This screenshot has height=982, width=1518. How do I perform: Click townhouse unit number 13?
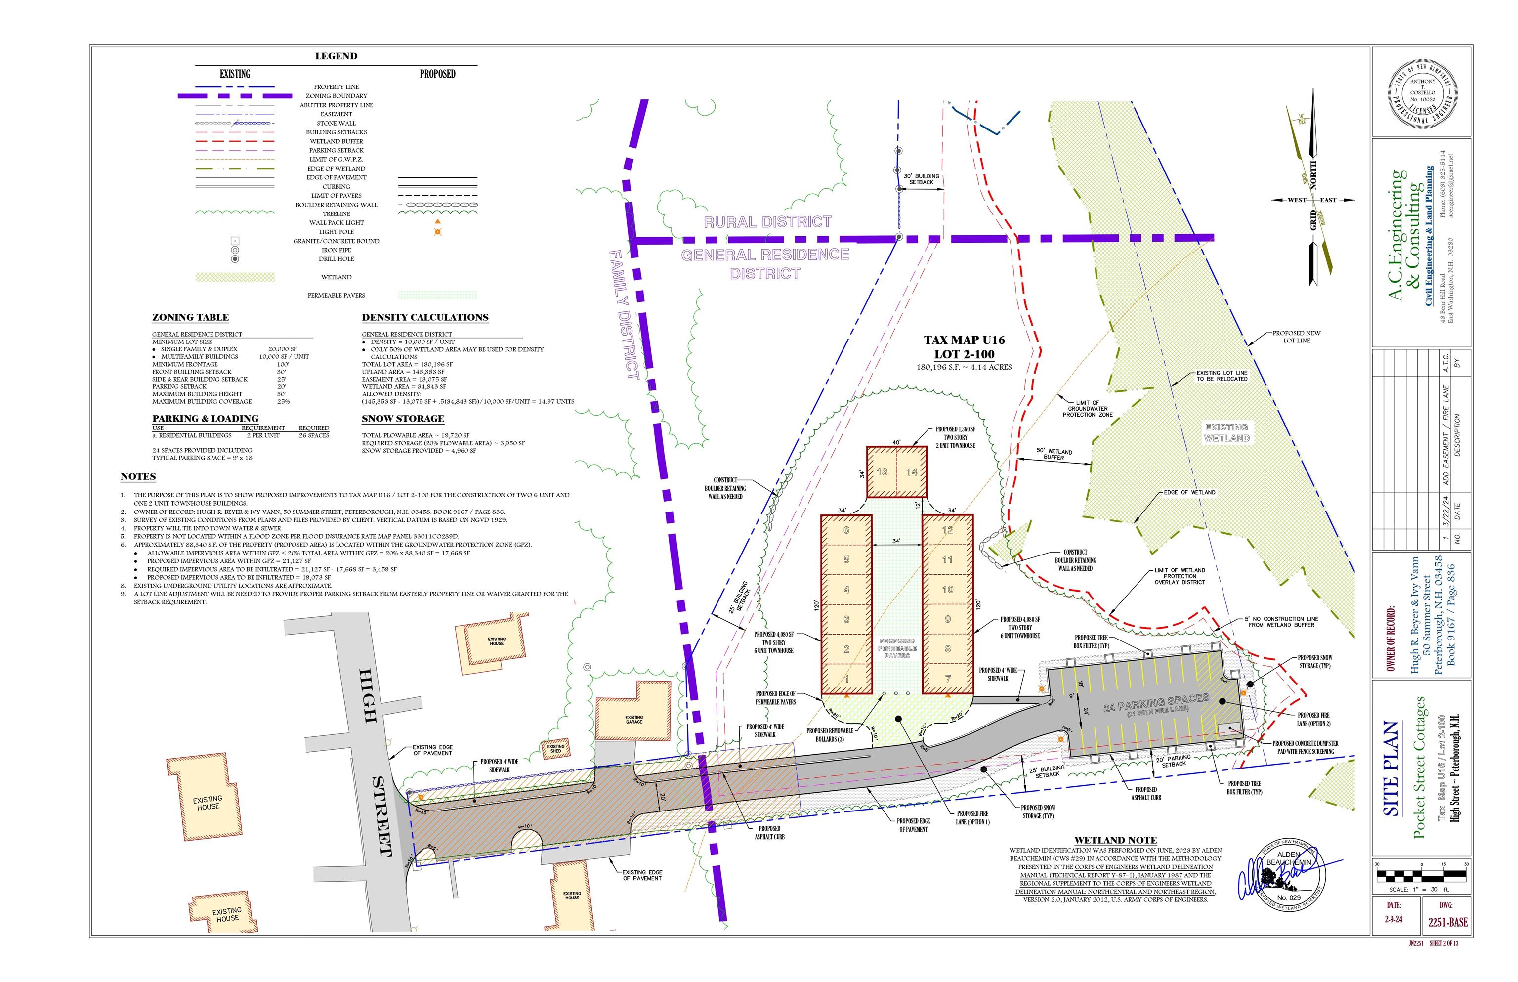point(882,472)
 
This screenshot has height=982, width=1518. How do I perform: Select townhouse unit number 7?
point(947,679)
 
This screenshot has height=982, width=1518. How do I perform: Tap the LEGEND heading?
point(336,56)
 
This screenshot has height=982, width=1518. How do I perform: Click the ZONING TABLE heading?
point(190,318)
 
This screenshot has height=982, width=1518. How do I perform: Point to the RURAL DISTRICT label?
point(767,222)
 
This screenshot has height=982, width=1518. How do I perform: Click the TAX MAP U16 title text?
point(964,341)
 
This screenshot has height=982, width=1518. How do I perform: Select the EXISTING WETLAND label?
point(1226,432)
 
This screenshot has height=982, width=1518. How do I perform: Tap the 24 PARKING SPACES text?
point(1156,703)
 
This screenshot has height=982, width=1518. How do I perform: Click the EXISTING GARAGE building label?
point(633,719)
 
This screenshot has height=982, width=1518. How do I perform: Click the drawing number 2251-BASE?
point(1447,922)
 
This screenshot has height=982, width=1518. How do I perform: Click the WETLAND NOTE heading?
point(1115,841)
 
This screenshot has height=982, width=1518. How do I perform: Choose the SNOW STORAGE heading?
point(402,419)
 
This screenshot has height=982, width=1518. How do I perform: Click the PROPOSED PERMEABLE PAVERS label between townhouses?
point(896,648)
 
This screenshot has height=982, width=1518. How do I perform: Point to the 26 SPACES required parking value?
point(314,435)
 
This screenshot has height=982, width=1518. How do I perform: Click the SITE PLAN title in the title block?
point(1391,769)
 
